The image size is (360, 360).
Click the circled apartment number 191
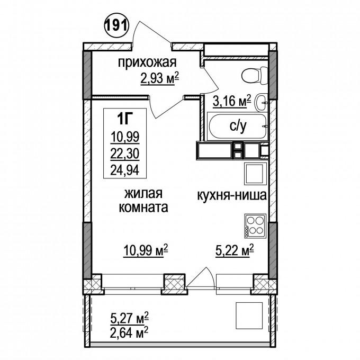(x=116, y=25)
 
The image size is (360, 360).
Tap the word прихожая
(x=147, y=62)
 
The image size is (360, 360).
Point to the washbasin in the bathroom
(x=262, y=102)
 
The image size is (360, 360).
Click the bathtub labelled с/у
(x=237, y=126)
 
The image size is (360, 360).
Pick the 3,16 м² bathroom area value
(x=232, y=101)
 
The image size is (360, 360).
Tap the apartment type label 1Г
(x=125, y=119)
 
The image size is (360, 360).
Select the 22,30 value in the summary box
(x=125, y=154)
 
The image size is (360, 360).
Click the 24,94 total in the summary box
(x=125, y=170)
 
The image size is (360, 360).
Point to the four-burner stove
(x=255, y=226)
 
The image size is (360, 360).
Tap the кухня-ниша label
(x=232, y=195)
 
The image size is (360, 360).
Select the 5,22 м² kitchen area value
(x=235, y=250)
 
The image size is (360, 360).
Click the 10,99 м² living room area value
(x=146, y=250)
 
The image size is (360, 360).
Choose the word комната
(x=143, y=207)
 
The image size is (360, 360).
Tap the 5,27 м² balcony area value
(x=130, y=319)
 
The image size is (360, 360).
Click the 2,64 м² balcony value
(x=129, y=332)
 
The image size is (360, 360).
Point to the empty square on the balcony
(x=249, y=316)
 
